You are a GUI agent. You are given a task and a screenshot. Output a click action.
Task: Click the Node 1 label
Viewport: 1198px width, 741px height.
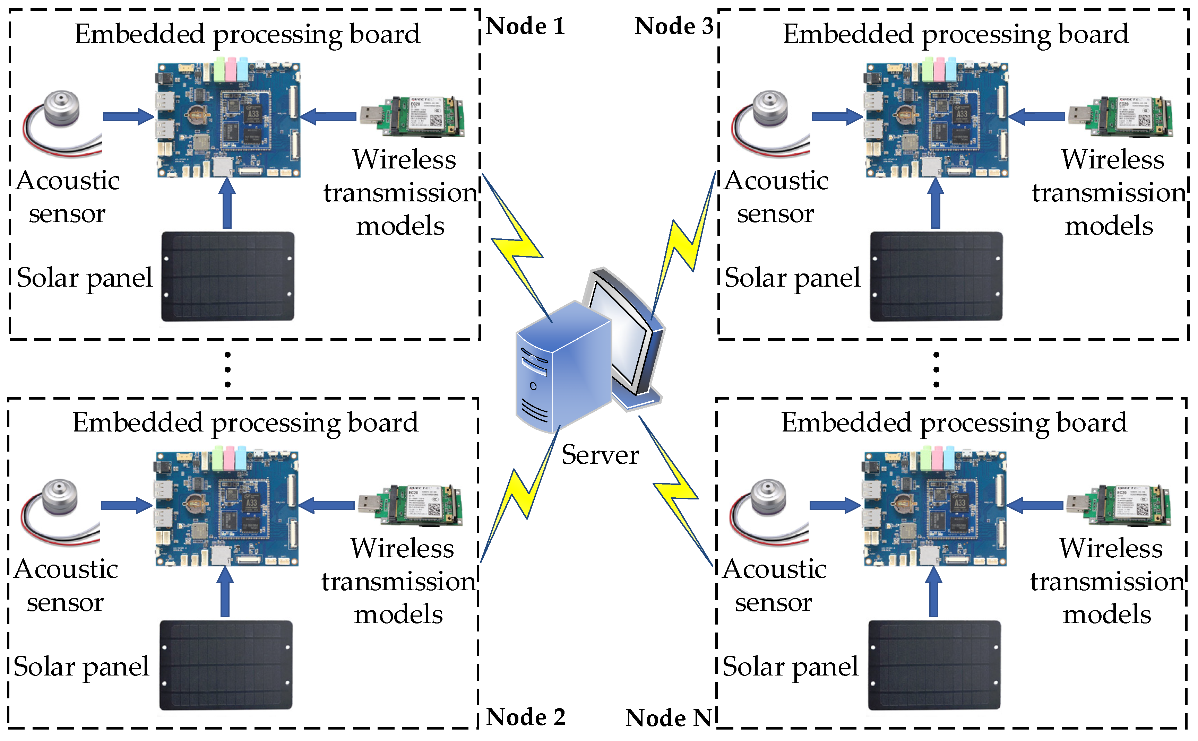[525, 26]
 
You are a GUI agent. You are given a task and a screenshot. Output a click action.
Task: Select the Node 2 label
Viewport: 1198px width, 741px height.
[525, 717]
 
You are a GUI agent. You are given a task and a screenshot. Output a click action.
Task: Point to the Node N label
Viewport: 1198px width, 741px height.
[669, 718]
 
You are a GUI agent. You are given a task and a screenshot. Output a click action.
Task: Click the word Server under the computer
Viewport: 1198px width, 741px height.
[600, 455]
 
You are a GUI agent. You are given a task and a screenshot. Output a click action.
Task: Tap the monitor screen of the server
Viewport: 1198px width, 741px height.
[620, 333]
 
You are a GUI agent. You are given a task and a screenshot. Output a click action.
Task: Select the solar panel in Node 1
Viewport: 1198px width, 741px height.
[227, 277]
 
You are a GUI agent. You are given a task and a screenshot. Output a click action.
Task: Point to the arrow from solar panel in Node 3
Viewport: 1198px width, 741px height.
[935, 203]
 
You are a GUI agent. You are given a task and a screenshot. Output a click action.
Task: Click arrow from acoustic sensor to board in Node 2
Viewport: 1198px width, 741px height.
[127, 505]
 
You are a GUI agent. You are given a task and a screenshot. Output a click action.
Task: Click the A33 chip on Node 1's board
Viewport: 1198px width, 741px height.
[253, 114]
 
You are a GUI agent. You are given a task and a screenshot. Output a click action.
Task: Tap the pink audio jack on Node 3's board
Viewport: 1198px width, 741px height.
[939, 70]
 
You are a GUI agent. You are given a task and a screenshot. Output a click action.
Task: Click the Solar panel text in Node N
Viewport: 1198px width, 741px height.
[790, 667]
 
